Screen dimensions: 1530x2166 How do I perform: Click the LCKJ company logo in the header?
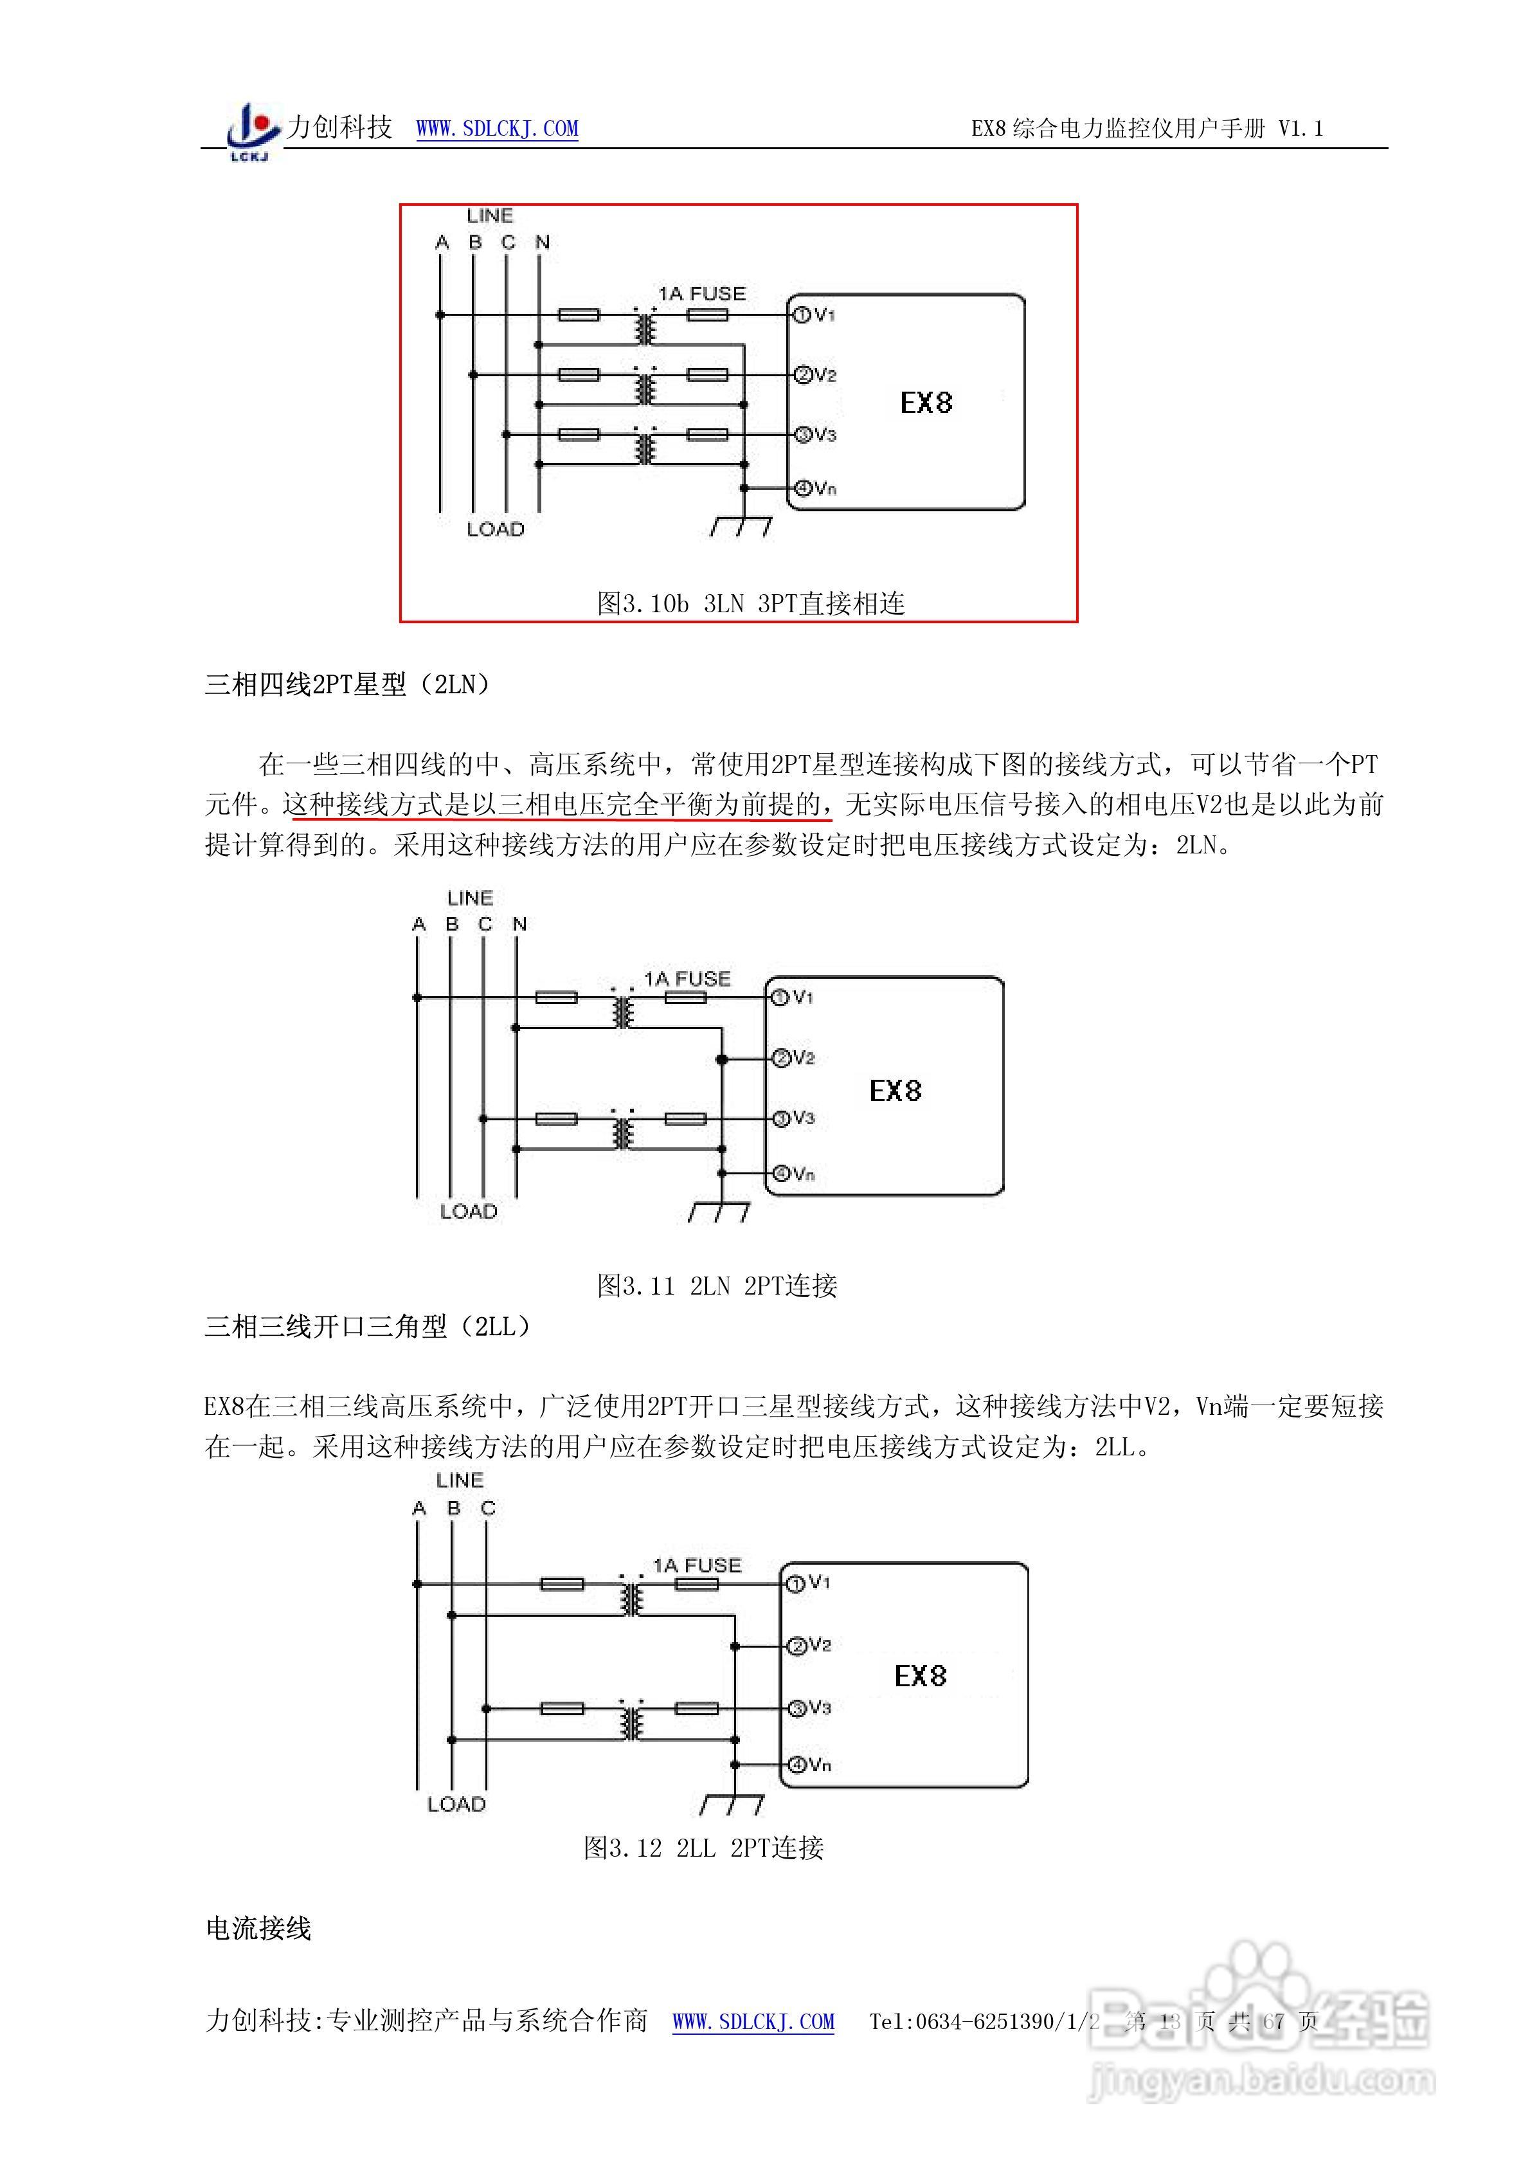(x=253, y=131)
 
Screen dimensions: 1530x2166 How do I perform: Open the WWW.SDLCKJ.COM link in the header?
(x=497, y=128)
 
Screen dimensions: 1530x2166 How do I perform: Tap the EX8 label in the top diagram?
(x=926, y=403)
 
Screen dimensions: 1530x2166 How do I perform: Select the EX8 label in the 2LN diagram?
(x=895, y=1091)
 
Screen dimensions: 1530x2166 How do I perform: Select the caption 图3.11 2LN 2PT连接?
(x=717, y=1285)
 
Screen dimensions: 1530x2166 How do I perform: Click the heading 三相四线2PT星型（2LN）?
(x=348, y=685)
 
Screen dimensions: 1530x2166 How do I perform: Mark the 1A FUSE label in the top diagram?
(x=702, y=293)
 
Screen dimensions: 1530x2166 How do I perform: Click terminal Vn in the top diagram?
(x=815, y=487)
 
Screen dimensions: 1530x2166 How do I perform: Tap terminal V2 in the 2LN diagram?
(x=793, y=1057)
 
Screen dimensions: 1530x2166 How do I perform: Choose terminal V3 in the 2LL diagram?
(x=809, y=1707)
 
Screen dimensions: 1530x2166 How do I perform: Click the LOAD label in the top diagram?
(x=495, y=529)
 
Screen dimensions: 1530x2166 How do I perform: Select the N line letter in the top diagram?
(x=543, y=242)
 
